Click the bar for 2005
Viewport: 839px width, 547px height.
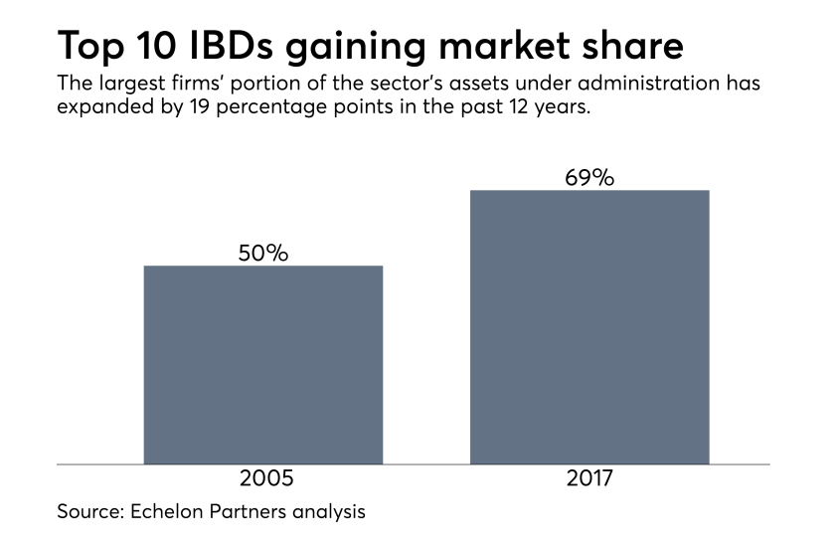263,364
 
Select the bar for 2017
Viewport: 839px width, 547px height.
589,326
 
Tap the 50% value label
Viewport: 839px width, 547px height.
263,254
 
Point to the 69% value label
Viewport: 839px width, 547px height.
589,178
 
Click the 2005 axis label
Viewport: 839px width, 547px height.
266,478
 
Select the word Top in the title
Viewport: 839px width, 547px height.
90,46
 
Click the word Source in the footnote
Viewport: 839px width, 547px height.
88,513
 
